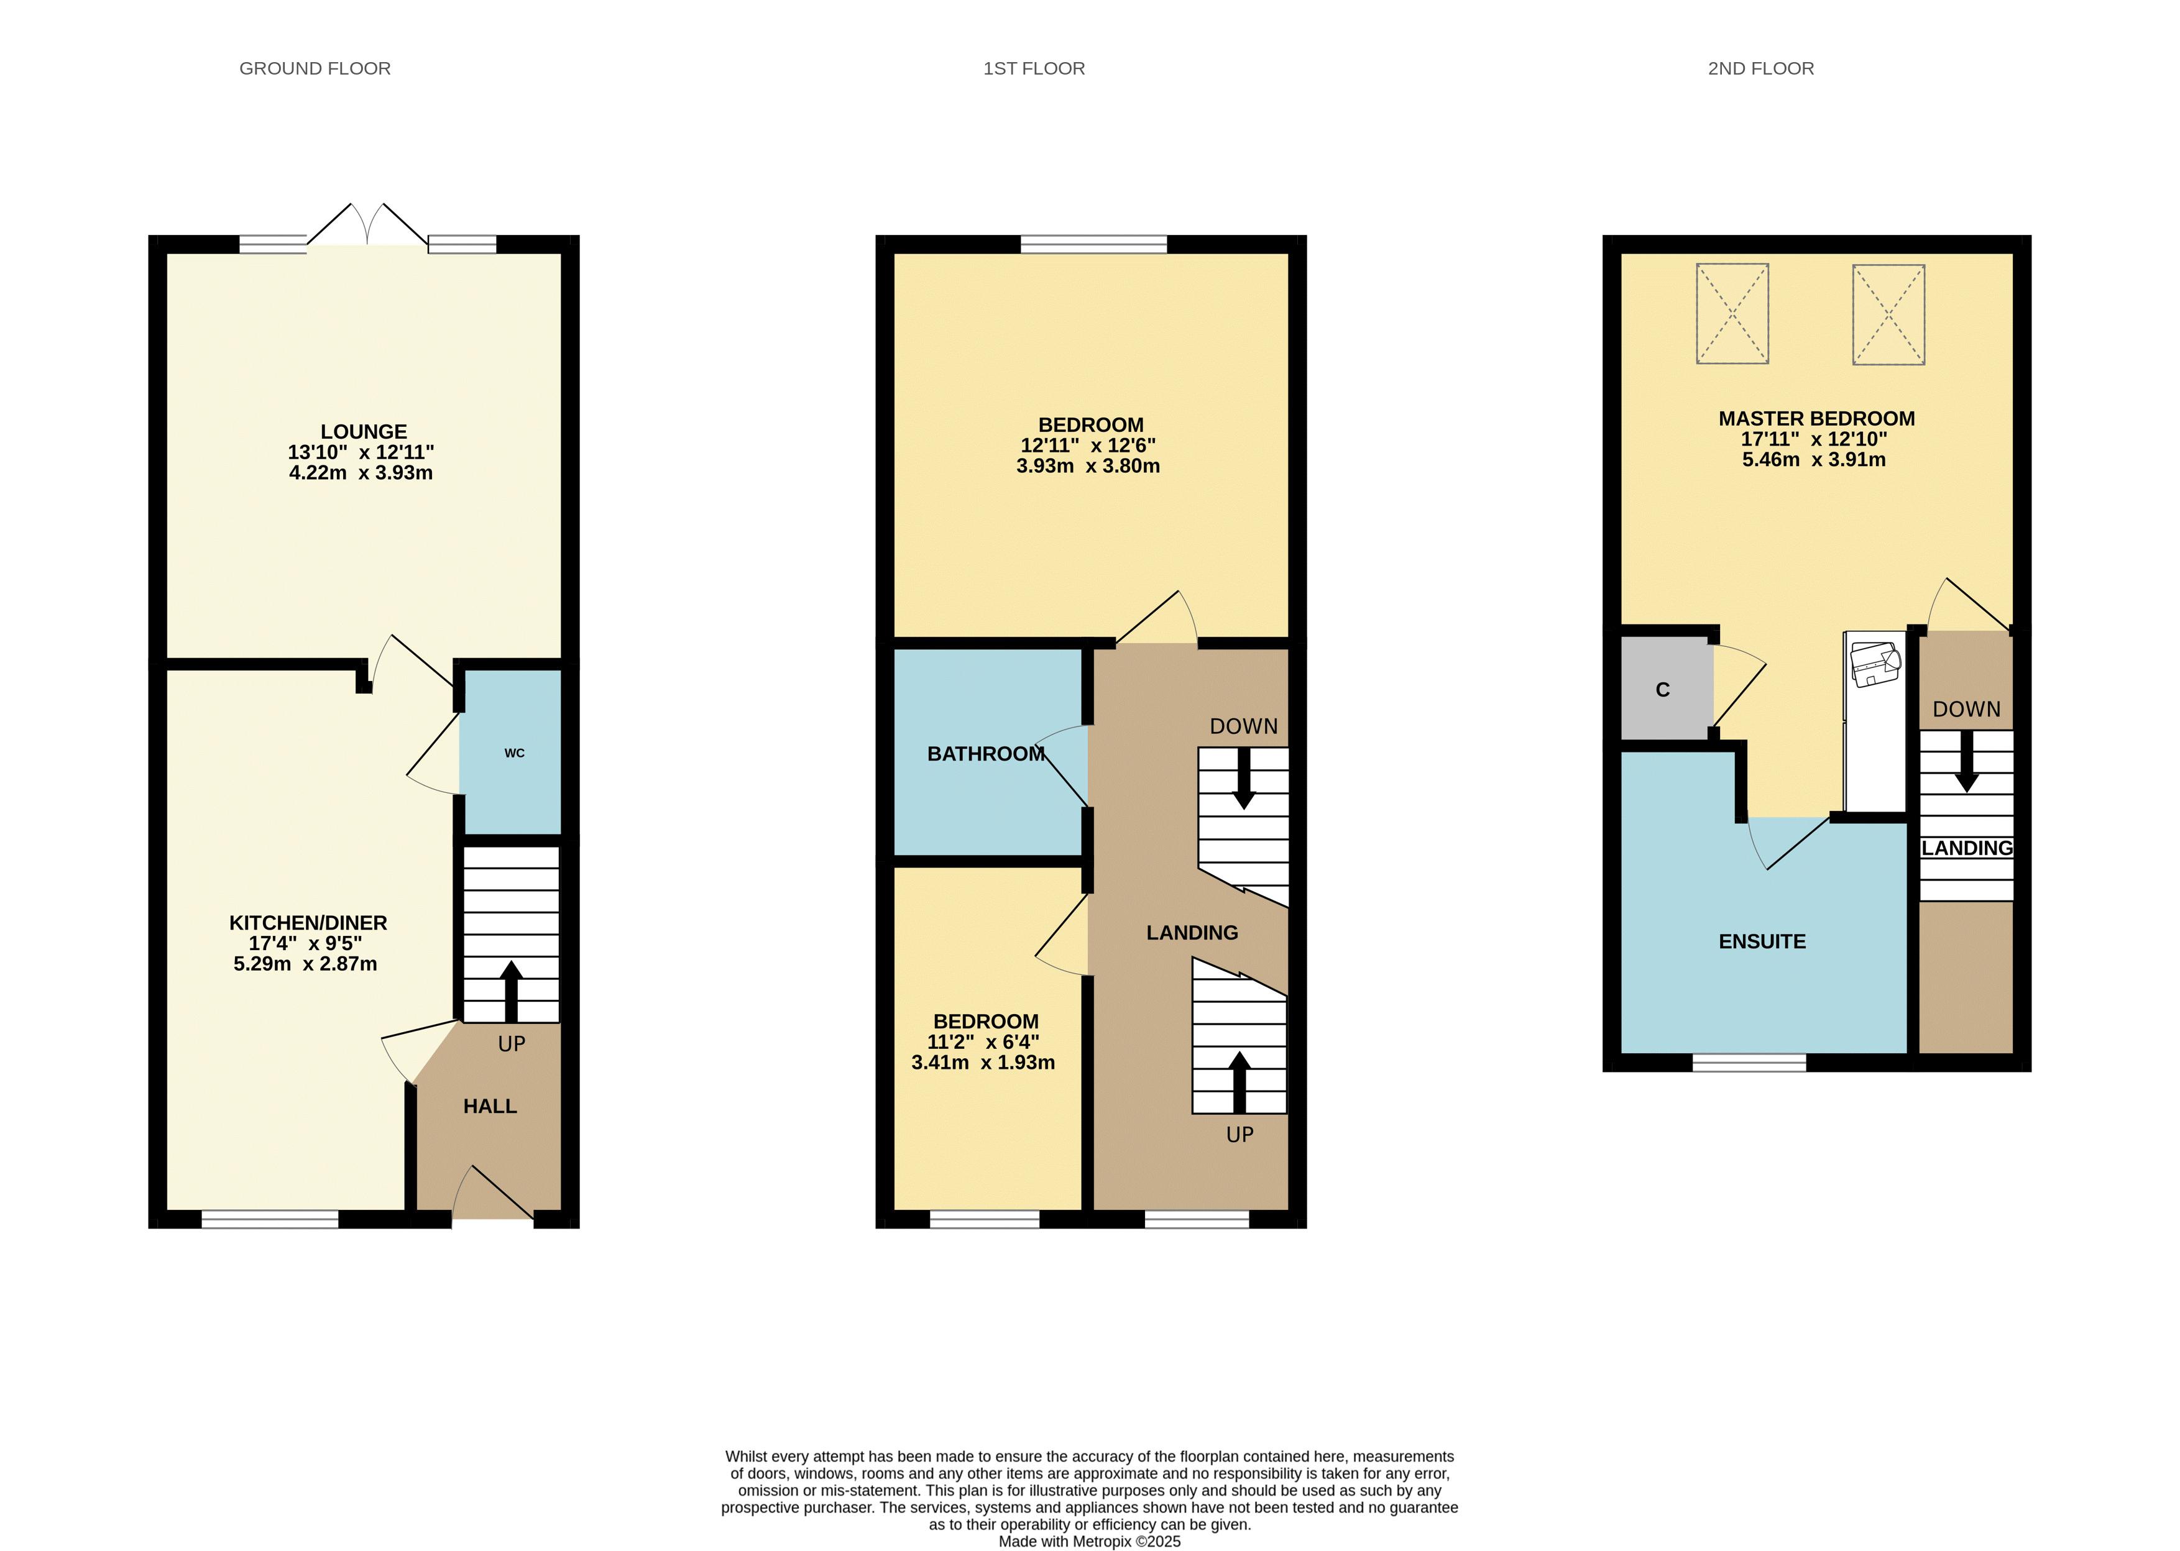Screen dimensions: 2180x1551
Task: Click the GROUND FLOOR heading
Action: [315, 69]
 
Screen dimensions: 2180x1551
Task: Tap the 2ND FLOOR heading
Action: [1760, 69]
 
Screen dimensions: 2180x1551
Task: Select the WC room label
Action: [514, 753]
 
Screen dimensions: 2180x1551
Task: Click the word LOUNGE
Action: [364, 432]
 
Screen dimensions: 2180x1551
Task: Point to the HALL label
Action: [490, 1106]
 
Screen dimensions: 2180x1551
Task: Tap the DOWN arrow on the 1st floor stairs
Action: [1244, 779]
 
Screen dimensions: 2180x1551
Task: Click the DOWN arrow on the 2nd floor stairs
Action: [1966, 761]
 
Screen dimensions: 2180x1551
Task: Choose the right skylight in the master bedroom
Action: [1888, 314]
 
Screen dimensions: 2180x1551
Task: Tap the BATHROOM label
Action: [986, 754]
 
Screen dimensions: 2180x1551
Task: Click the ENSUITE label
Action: [1762, 941]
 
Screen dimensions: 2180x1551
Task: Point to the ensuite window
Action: [1749, 1062]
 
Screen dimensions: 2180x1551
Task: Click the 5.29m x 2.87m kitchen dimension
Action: [306, 964]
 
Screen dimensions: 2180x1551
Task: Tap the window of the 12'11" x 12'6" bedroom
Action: [1094, 244]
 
